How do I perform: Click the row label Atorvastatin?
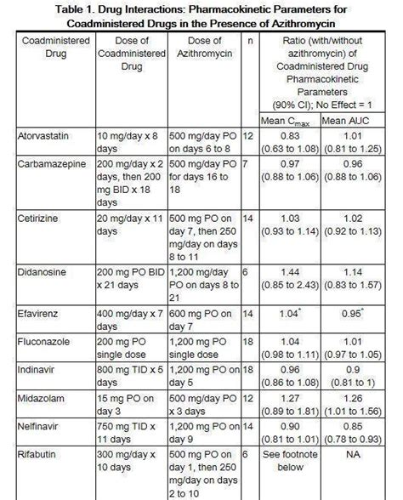pyautogui.click(x=45, y=136)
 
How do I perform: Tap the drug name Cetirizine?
pyautogui.click(x=39, y=219)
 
